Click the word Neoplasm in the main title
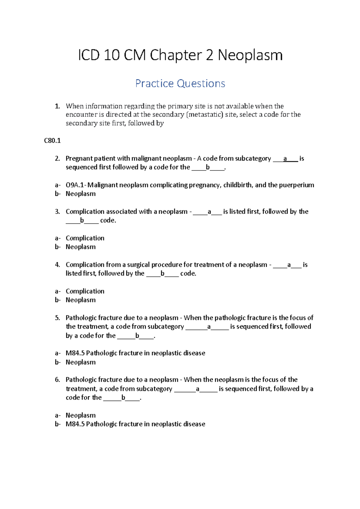pyautogui.click(x=250, y=56)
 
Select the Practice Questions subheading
pyautogui.click(x=180, y=83)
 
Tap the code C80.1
pyautogui.click(x=52, y=141)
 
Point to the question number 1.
pyautogui.click(x=57, y=106)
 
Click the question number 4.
pyautogui.click(x=57, y=265)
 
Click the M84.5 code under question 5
pyautogui.click(x=75, y=353)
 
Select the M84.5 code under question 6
pyautogui.click(x=75, y=424)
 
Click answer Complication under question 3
pyautogui.click(x=85, y=238)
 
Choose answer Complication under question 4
pyautogui.click(x=85, y=291)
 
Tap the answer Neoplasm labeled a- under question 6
pyautogui.click(x=80, y=416)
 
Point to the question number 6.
pyautogui.click(x=57, y=380)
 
